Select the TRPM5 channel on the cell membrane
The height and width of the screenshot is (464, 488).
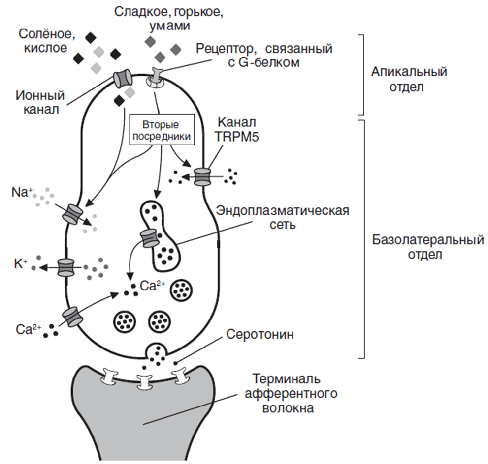point(202,176)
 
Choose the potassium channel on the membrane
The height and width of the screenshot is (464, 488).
point(65,267)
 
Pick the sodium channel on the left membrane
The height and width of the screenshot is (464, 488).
point(72,214)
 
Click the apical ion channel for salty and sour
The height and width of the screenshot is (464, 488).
point(123,77)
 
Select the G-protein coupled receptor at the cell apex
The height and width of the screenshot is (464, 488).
point(156,79)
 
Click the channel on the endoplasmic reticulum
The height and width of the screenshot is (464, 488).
point(149,238)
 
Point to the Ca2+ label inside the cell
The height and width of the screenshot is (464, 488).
point(152,286)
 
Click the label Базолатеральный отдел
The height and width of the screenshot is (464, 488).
point(426,248)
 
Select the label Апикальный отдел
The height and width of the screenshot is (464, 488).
point(409,80)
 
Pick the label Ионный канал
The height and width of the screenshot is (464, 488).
point(41,101)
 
